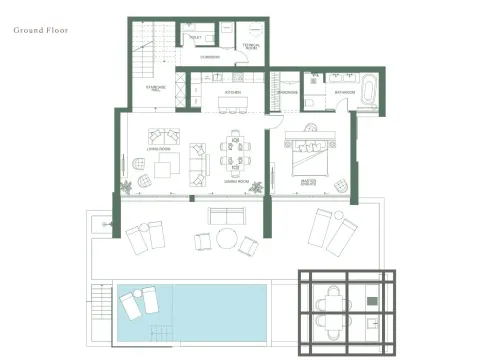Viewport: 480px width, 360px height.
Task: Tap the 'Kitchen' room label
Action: (233, 92)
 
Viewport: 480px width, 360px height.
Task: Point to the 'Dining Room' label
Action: (237, 181)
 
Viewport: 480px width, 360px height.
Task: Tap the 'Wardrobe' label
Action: (289, 92)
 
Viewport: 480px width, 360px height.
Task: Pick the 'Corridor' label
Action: (210, 57)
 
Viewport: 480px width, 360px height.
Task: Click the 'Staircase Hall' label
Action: (157, 89)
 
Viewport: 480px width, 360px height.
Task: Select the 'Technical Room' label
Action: (253, 46)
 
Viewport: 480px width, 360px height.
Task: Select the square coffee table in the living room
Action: (163, 169)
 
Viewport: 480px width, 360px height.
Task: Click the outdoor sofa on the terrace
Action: (228, 215)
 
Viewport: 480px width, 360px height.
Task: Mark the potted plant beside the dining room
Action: (258, 186)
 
